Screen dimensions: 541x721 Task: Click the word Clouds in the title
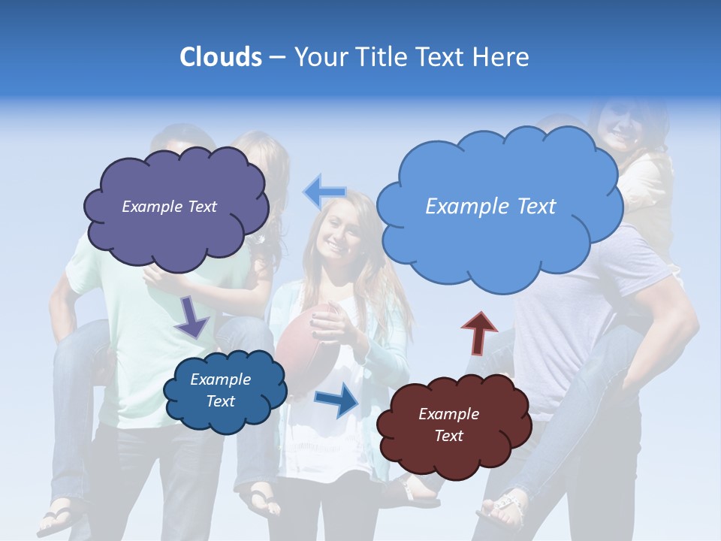[x=220, y=57]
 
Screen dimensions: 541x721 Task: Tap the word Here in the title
[x=502, y=57]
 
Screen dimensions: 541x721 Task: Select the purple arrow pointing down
[x=192, y=318]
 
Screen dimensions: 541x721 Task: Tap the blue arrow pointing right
[x=337, y=400]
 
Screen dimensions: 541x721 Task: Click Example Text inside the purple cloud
[x=169, y=207]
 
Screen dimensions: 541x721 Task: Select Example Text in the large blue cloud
[x=490, y=206]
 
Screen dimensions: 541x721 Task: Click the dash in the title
[x=277, y=57]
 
